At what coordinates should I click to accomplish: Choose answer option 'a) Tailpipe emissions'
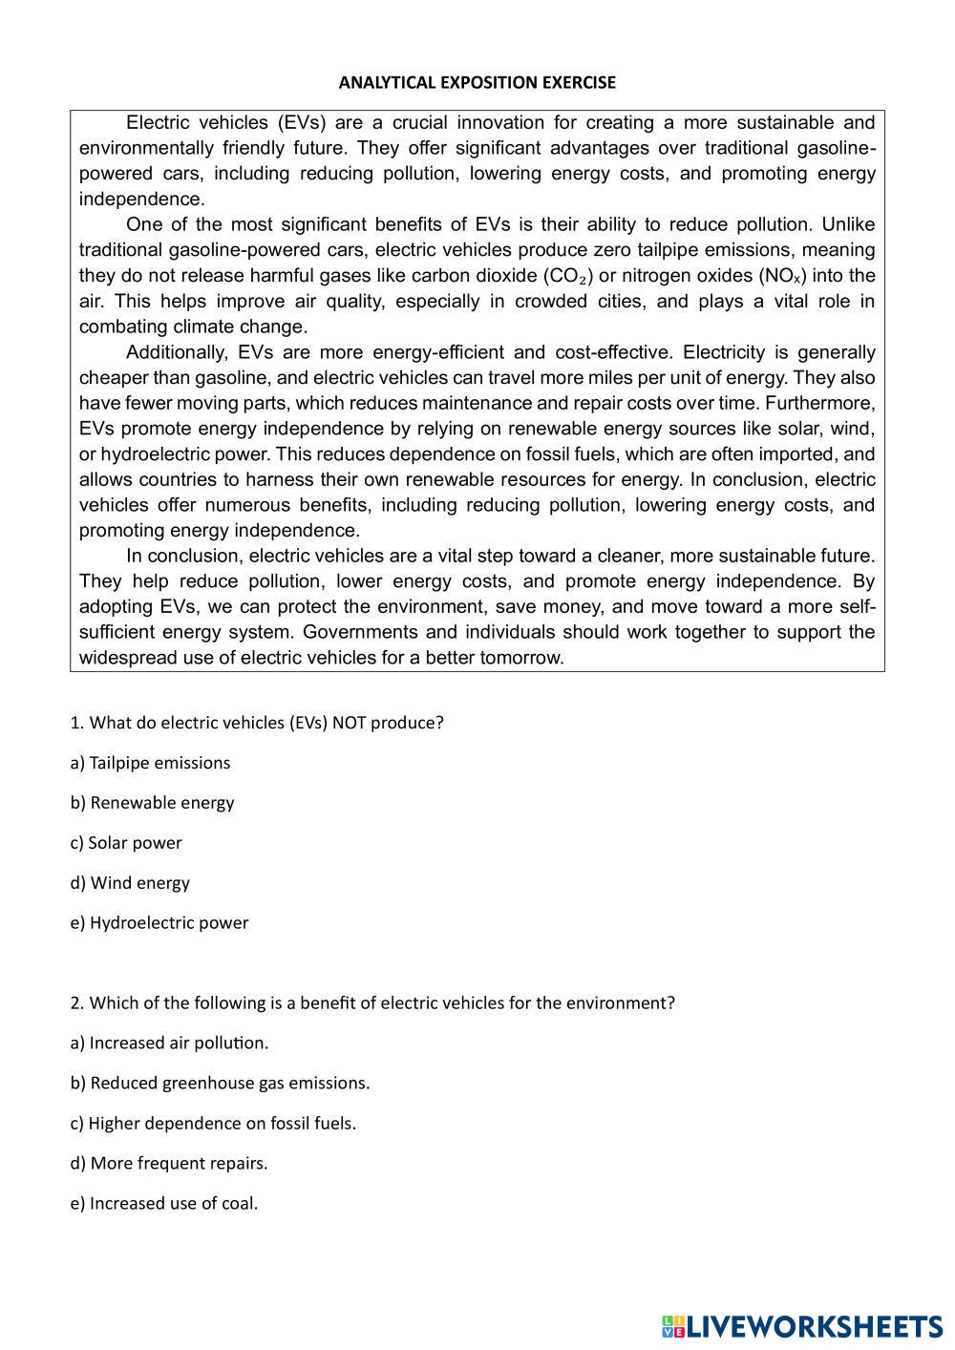coord(150,763)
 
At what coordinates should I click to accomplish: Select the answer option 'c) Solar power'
coord(125,843)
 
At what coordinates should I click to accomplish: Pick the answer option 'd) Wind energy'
coord(130,883)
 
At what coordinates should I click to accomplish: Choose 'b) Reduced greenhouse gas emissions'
coord(220,1084)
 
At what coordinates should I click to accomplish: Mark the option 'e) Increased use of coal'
coord(164,1204)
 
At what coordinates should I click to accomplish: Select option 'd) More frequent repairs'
coord(169,1164)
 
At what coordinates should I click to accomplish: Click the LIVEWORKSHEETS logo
coord(802,1326)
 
